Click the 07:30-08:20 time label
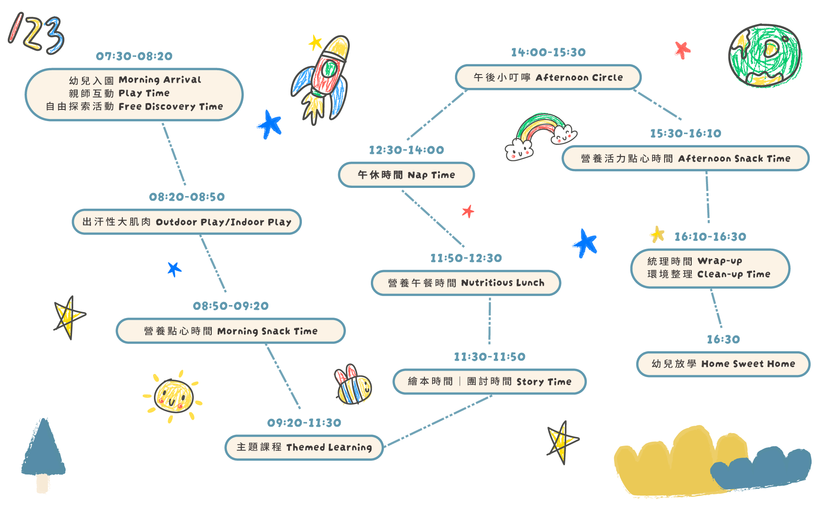click(134, 56)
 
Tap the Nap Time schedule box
click(406, 175)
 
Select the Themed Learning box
click(304, 447)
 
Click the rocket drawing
click(324, 78)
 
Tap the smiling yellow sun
click(173, 396)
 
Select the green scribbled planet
click(765, 56)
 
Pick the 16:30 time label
click(723, 340)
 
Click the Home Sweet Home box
click(723, 364)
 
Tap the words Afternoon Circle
click(579, 78)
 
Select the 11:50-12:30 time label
click(466, 258)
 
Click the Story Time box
click(489, 382)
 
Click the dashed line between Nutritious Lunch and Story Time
click(489, 321)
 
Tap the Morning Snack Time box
click(231, 331)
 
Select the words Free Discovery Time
click(171, 106)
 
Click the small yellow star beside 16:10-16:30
click(657, 234)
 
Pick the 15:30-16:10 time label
click(686, 134)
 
